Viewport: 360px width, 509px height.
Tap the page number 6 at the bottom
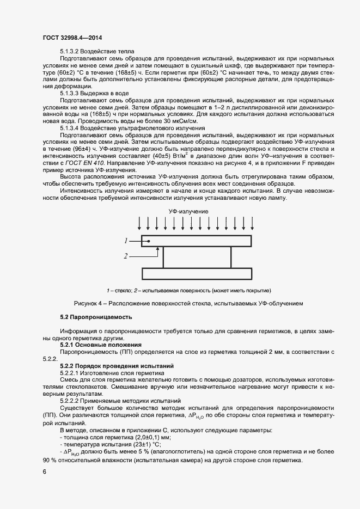point(44,472)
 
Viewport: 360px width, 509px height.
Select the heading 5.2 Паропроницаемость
point(95,317)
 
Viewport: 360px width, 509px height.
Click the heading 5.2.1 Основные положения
point(101,345)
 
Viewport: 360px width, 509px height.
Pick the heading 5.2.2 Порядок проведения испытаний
point(117,366)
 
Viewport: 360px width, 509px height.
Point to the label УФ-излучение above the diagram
point(188,211)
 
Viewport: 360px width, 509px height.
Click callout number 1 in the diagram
point(125,240)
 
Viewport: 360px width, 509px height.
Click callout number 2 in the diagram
point(125,255)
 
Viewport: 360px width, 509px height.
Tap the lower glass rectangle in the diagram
point(196,274)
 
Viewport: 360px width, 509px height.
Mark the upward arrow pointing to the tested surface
point(158,252)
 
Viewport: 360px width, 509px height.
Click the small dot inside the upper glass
point(148,240)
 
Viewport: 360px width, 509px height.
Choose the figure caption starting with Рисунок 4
point(188,303)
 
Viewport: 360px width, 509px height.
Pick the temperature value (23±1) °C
point(130,445)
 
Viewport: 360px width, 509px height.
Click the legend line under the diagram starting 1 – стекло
point(188,290)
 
